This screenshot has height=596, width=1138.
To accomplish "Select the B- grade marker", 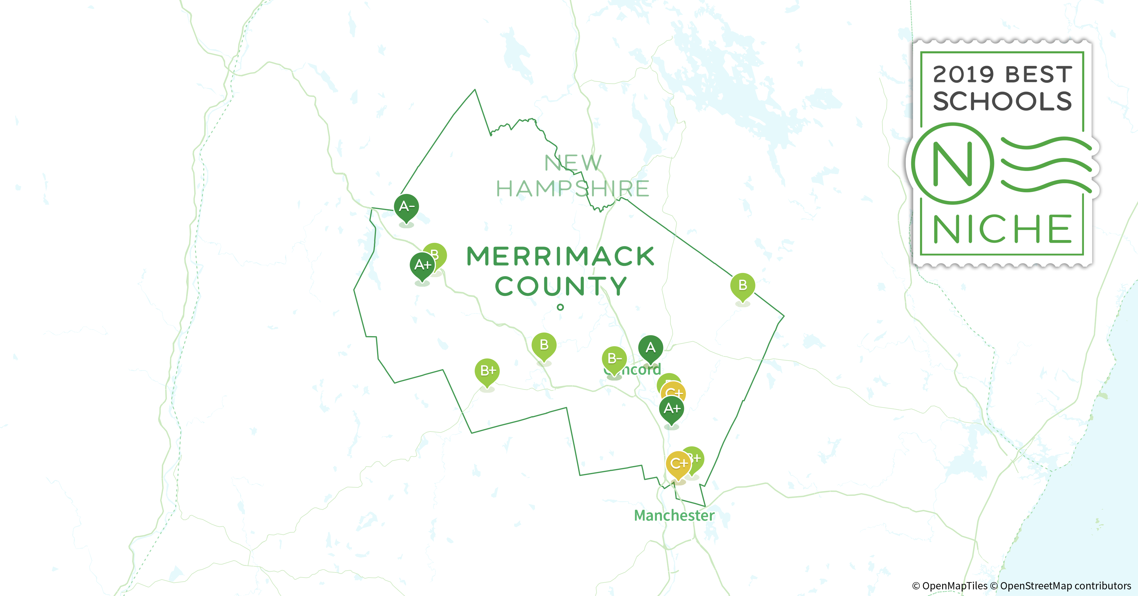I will pos(614,359).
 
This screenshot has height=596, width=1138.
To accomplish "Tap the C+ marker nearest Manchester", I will pos(678,464).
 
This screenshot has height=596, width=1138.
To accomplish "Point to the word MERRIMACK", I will pos(560,257).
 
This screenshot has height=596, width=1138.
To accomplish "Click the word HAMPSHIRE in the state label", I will pos(573,189).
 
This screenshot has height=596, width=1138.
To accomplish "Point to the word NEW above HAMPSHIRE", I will pos(573,163).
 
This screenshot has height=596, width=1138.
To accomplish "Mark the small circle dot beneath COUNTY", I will pos(560,307).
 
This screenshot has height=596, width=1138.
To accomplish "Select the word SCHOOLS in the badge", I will pos(1002,101).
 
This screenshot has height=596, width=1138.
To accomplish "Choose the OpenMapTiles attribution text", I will pos(949,586).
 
